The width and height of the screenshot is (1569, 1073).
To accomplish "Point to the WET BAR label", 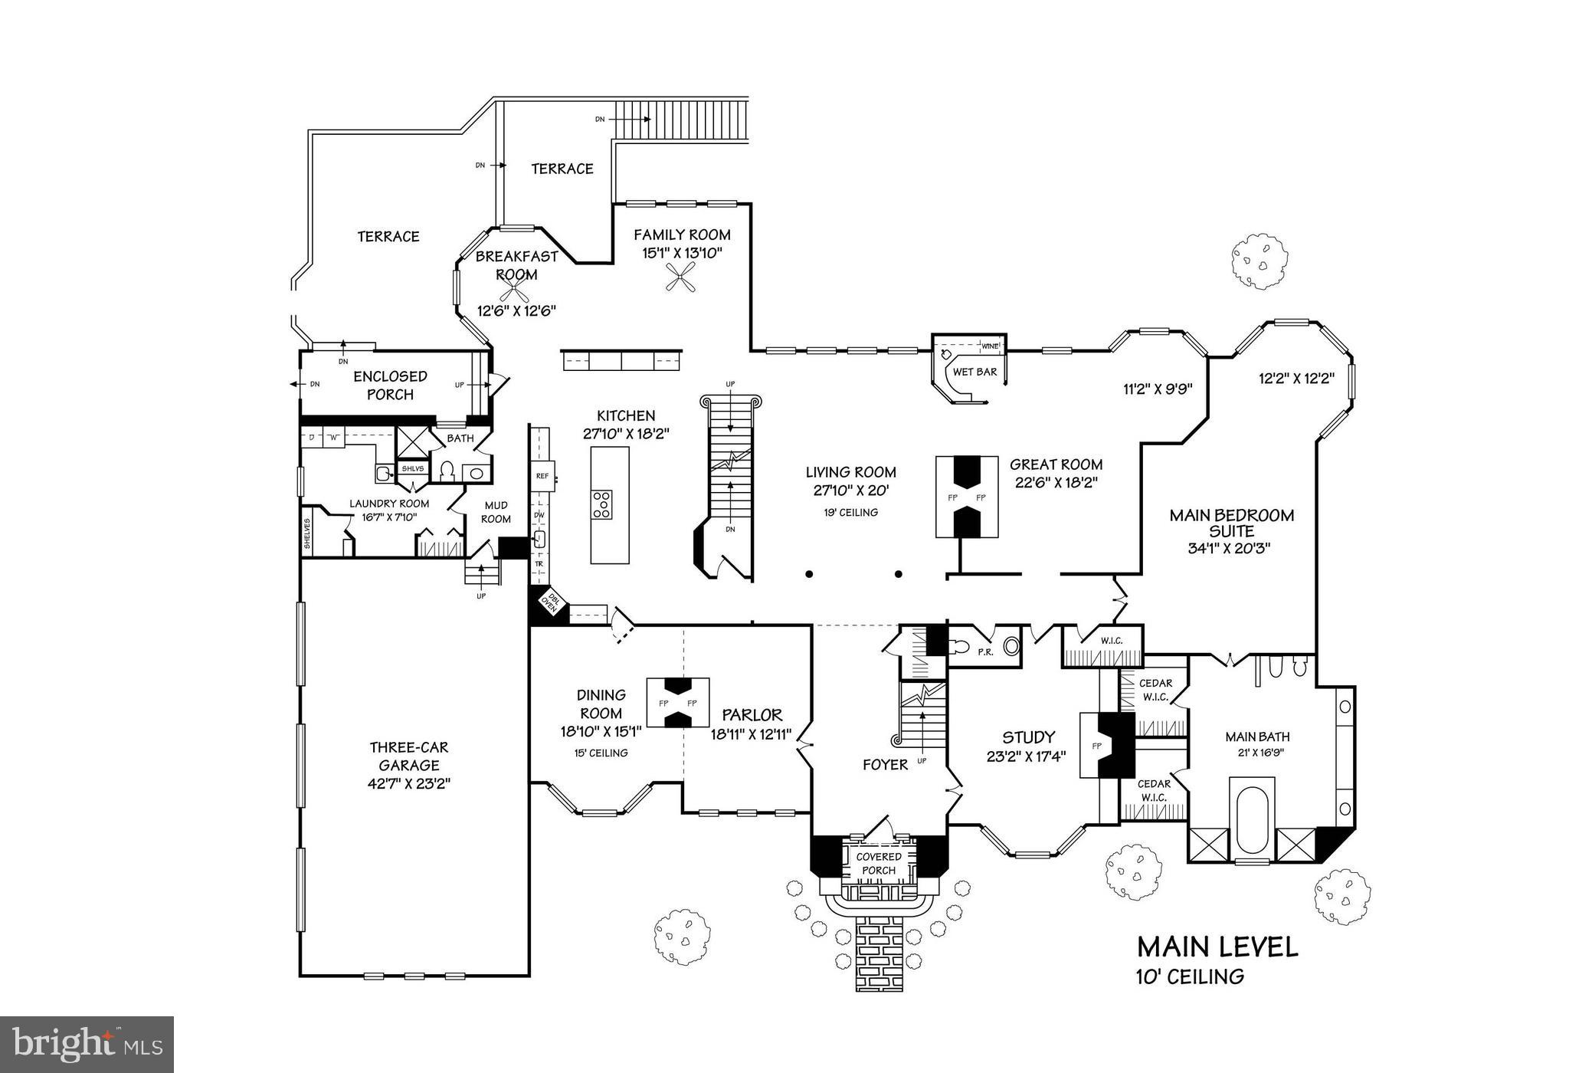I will [x=974, y=372].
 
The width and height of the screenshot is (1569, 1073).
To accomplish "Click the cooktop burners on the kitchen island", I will [x=602, y=505].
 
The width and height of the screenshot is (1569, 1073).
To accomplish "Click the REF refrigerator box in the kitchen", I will [x=542, y=476].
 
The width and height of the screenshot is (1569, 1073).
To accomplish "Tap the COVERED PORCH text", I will [x=878, y=863].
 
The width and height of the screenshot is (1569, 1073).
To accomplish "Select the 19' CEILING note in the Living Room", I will [x=850, y=512].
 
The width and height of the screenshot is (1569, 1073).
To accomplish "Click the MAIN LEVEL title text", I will [x=1217, y=947].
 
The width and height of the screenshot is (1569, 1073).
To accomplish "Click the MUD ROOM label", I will [x=496, y=512].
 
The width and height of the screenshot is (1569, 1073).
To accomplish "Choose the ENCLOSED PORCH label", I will [x=390, y=385].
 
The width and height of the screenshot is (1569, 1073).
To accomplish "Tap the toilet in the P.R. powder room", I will [x=961, y=646].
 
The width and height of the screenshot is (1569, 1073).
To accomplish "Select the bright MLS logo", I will [x=87, y=1044].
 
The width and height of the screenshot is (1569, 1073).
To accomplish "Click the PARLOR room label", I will [x=752, y=715].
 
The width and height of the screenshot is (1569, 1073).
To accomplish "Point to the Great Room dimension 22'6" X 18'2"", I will [x=1056, y=483].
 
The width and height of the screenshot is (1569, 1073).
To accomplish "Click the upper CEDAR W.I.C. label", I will [x=1155, y=690].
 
